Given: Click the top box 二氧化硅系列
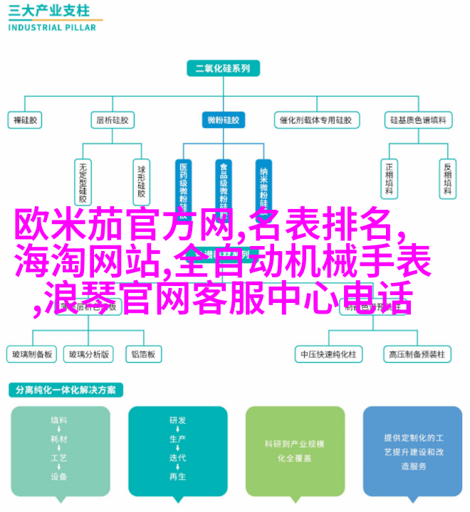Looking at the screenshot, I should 223,69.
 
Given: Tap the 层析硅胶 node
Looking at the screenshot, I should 113,120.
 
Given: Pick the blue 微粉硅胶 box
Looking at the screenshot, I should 224,120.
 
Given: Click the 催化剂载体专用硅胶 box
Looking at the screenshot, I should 314,120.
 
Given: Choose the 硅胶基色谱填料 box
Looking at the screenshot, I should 419,120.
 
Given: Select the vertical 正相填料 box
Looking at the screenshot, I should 389,177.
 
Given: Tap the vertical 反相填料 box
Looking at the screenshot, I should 447,177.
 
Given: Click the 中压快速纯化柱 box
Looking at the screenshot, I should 329,353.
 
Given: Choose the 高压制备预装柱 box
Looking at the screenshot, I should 417,353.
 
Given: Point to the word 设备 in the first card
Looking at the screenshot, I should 60,476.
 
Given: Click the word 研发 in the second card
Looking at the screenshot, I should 178,420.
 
